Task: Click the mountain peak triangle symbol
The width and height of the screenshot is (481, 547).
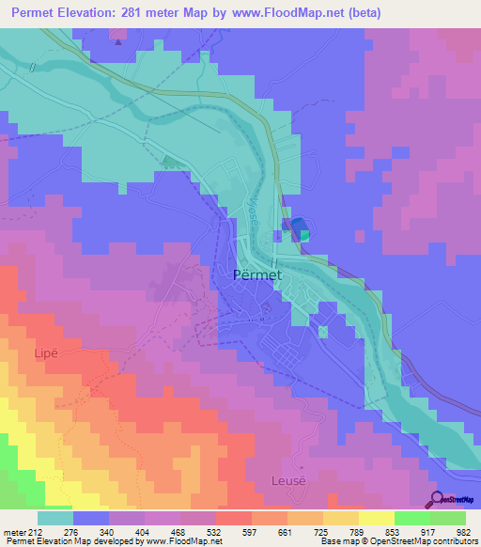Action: coord(116,41)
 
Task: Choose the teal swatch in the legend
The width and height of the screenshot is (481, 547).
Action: coord(54,518)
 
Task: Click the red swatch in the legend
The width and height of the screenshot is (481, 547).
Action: coord(234,518)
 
